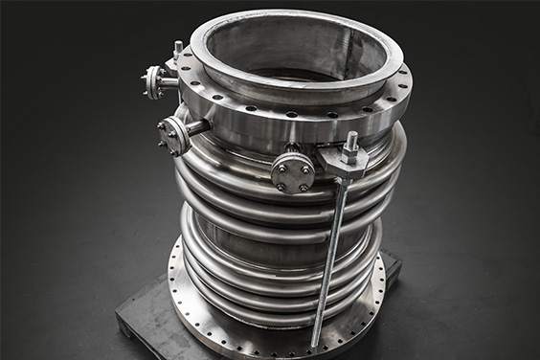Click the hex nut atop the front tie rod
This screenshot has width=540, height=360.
351,143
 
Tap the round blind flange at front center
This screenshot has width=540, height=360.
292,172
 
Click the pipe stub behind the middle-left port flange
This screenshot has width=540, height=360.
196,126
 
